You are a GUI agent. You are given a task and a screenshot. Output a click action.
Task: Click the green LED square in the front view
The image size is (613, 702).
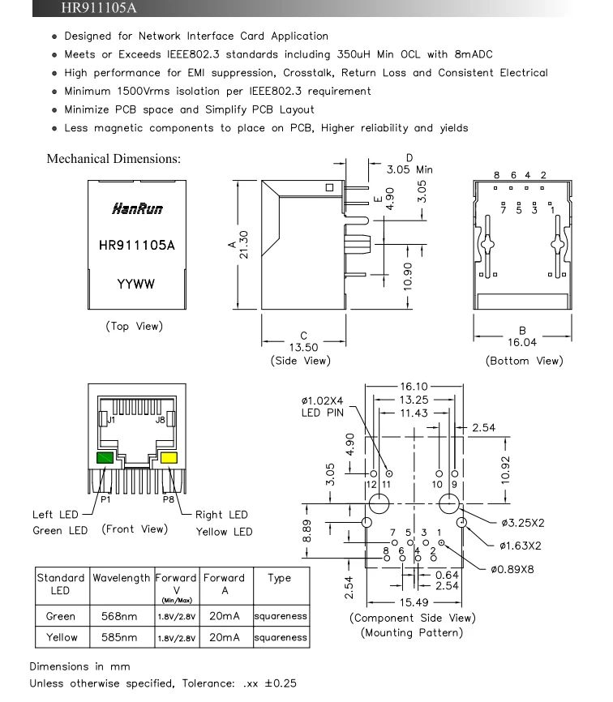[x=105, y=457]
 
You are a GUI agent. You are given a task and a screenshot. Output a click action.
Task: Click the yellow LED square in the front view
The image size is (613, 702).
[x=169, y=457]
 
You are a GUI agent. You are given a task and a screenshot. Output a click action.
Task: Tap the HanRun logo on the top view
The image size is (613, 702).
[x=137, y=208]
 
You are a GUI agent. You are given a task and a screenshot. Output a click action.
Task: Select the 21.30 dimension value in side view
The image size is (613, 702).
[x=243, y=245]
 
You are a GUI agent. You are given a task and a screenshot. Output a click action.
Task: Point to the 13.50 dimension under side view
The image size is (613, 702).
[x=303, y=348]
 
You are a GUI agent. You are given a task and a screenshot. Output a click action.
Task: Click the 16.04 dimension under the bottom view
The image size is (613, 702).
[x=522, y=343]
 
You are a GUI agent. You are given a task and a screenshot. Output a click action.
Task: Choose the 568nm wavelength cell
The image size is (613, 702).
[x=119, y=616]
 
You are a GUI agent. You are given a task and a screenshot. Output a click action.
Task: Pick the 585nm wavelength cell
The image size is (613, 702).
[x=119, y=637]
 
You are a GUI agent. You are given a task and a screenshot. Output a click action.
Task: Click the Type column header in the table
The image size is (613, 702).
[x=280, y=579]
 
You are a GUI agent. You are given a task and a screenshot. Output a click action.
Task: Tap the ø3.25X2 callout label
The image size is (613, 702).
[x=523, y=523]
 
